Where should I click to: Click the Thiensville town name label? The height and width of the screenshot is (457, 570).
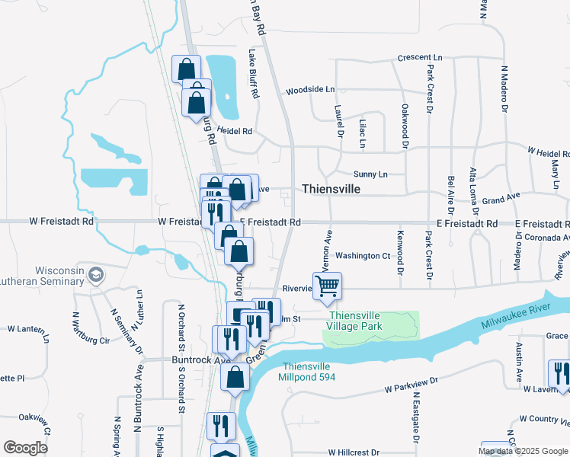click(331, 188)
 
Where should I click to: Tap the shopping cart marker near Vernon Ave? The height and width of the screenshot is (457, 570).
click(328, 286)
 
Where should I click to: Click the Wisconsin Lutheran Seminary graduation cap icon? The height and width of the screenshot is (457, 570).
click(96, 274)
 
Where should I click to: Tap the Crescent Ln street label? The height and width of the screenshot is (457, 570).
click(420, 58)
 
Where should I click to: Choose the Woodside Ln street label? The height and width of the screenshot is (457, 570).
click(310, 90)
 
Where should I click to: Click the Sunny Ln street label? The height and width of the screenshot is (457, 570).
click(371, 174)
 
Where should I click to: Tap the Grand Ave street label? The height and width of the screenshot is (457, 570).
click(501, 198)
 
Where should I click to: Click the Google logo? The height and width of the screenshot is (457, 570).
click(26, 448)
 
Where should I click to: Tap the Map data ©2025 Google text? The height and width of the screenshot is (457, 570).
click(524, 451)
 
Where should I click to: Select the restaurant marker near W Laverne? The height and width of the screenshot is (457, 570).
click(560, 374)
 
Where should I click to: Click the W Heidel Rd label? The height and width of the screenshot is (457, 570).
click(549, 152)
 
